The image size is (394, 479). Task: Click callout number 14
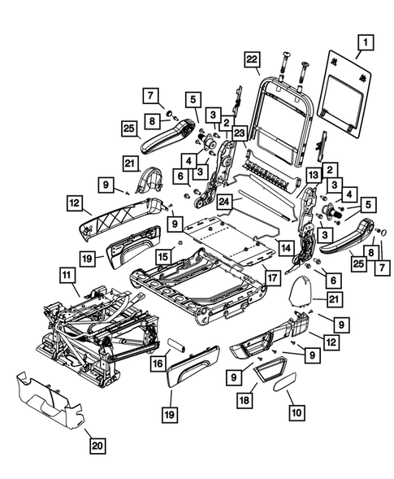pyautogui.click(x=285, y=246)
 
